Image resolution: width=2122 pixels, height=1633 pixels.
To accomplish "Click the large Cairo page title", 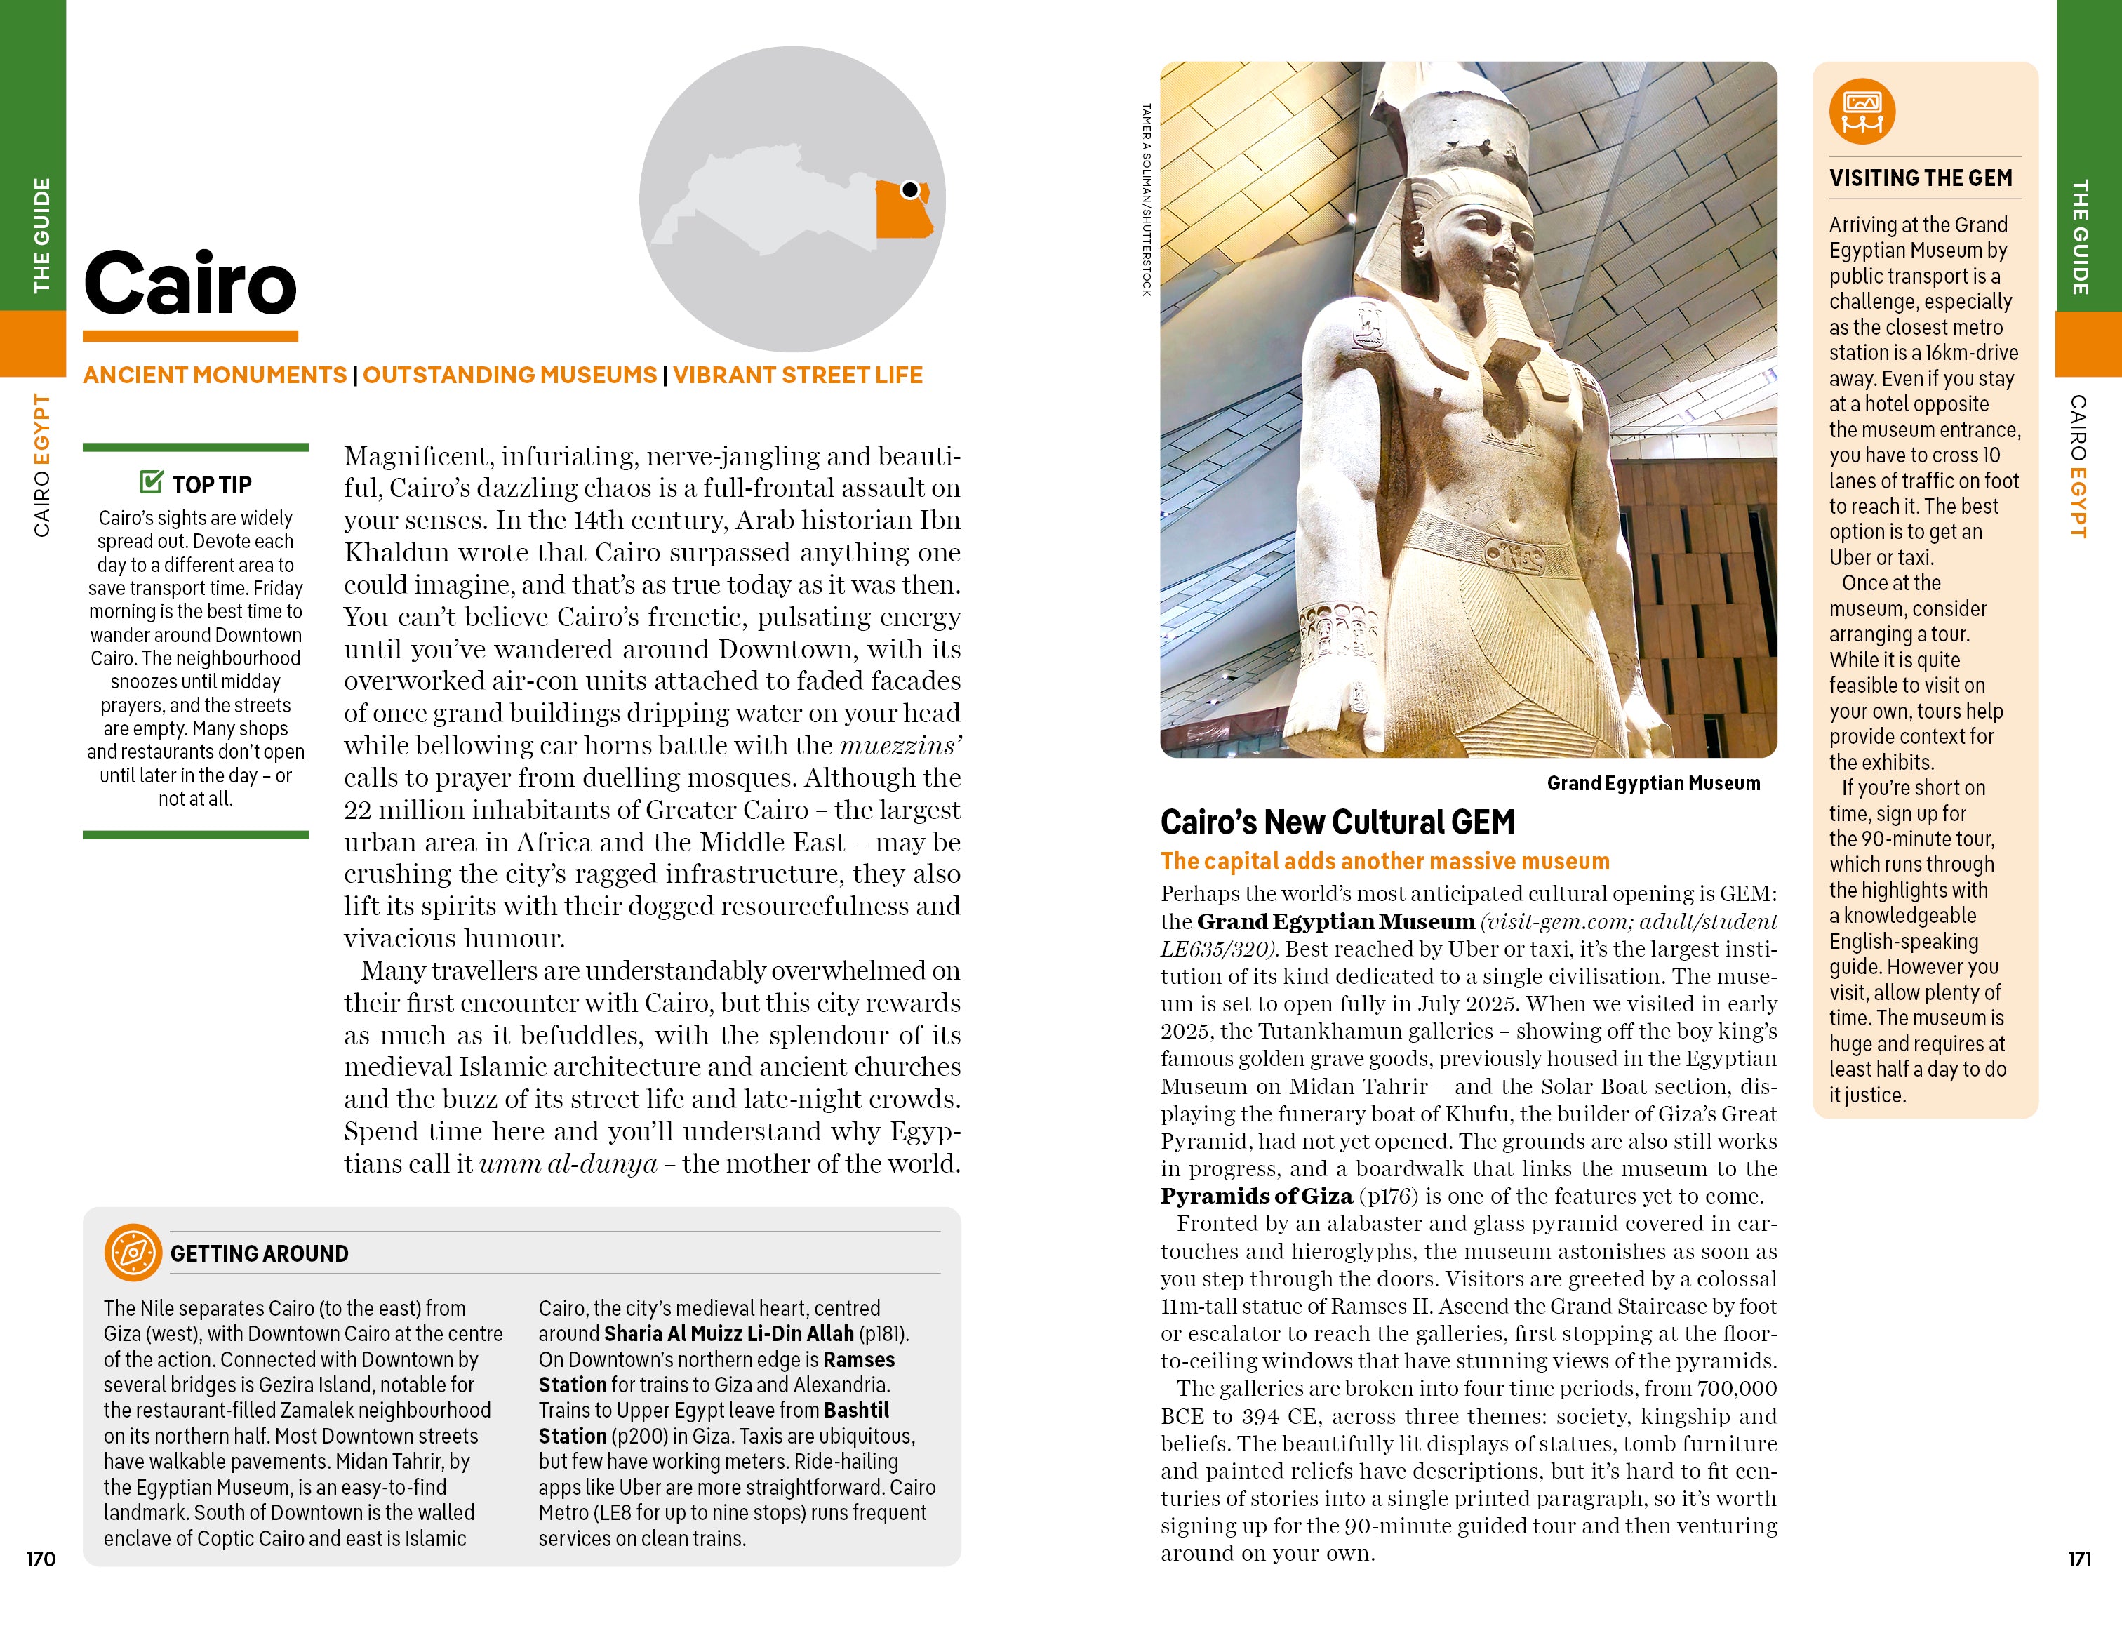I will (190, 283).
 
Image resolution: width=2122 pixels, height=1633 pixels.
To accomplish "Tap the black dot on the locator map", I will (910, 189).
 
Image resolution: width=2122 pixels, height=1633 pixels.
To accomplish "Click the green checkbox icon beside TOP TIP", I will (152, 482).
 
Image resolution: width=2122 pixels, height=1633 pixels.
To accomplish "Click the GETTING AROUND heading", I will (260, 1253).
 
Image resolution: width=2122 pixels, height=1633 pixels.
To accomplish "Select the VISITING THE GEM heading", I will (1921, 178).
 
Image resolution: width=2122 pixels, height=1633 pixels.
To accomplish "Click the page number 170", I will (41, 1559).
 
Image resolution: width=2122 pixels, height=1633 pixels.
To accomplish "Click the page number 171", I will (2079, 1559).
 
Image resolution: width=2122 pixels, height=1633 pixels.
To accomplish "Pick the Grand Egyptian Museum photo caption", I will (1653, 783).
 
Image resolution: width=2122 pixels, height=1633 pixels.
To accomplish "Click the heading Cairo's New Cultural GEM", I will (1337, 822).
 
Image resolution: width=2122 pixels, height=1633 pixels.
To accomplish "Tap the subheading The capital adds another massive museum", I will (1384, 860).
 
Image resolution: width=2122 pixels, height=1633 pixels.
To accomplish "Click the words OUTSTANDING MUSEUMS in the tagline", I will (510, 375).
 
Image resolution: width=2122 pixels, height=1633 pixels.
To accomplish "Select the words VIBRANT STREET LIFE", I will (798, 375).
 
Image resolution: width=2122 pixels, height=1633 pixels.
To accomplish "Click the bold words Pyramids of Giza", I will (1256, 1196).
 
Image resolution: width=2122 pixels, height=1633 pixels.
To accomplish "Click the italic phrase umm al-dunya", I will (568, 1163).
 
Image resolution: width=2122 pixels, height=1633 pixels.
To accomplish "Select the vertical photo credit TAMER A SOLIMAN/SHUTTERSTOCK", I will (1147, 200).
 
